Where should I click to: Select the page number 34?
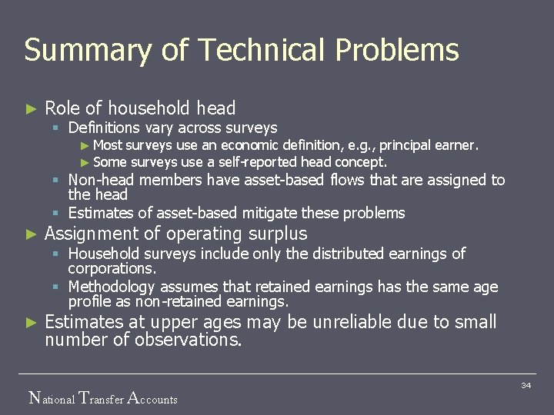point(526,384)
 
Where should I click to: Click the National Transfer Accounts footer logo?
point(102,398)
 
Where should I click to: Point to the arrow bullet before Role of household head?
point(31,109)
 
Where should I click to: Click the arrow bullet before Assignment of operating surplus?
point(31,234)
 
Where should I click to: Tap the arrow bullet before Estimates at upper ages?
point(31,323)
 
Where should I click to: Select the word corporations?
point(111,269)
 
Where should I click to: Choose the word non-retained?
point(165,302)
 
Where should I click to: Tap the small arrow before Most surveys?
point(85,145)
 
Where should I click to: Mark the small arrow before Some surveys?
point(85,162)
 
